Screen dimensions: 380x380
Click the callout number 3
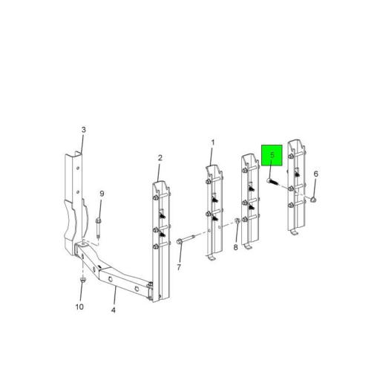tap(84, 130)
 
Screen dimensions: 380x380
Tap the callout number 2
tap(160, 157)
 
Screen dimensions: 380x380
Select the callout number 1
tap(213, 142)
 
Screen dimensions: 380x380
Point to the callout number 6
tap(315, 174)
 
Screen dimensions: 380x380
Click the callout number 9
tap(102, 194)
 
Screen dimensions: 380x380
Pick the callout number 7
tap(179, 267)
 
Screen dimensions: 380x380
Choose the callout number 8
tap(235, 247)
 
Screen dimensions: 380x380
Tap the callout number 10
tap(79, 307)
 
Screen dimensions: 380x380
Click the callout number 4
tap(114, 310)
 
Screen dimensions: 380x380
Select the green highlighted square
tap(272, 155)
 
